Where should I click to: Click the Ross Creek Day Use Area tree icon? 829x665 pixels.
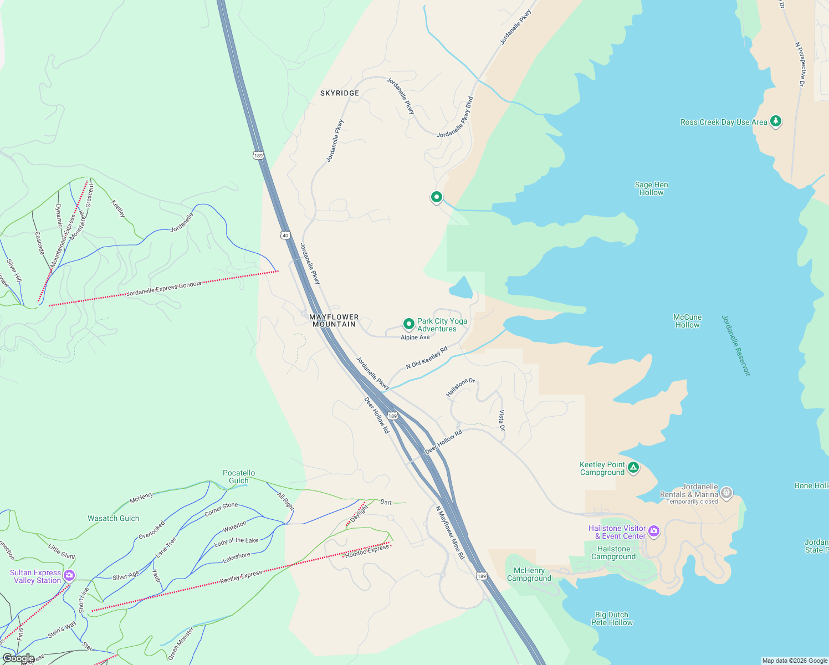pyautogui.click(x=776, y=121)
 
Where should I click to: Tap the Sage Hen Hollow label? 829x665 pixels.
pyautogui.click(x=651, y=189)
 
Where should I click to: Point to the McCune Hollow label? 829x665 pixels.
pyautogui.click(x=687, y=321)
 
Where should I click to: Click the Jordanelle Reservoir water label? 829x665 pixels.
pyautogui.click(x=735, y=346)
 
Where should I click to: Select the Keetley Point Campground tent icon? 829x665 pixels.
pyautogui.click(x=633, y=468)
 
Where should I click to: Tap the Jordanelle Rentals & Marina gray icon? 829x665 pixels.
pyautogui.click(x=727, y=493)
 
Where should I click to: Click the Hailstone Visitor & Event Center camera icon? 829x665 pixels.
pyautogui.click(x=654, y=531)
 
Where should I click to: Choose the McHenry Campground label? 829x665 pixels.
pyautogui.click(x=529, y=575)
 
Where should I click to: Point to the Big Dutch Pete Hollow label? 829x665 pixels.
pyautogui.click(x=612, y=618)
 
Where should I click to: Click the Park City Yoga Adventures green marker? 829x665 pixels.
pyautogui.click(x=408, y=324)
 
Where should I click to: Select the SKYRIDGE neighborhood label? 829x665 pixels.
pyautogui.click(x=340, y=93)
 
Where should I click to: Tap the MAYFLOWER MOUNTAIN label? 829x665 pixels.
pyautogui.click(x=334, y=321)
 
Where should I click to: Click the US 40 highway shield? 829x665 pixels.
pyautogui.click(x=285, y=235)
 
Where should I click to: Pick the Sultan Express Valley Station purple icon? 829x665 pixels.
pyautogui.click(x=69, y=575)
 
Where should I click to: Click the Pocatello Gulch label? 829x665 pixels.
pyautogui.click(x=239, y=477)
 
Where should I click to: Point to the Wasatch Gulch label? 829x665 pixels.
pyautogui.click(x=114, y=519)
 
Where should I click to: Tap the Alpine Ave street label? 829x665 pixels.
pyautogui.click(x=415, y=337)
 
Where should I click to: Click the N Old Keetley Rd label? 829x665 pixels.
pyautogui.click(x=426, y=358)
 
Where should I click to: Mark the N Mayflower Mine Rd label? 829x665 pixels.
pyautogui.click(x=449, y=532)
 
